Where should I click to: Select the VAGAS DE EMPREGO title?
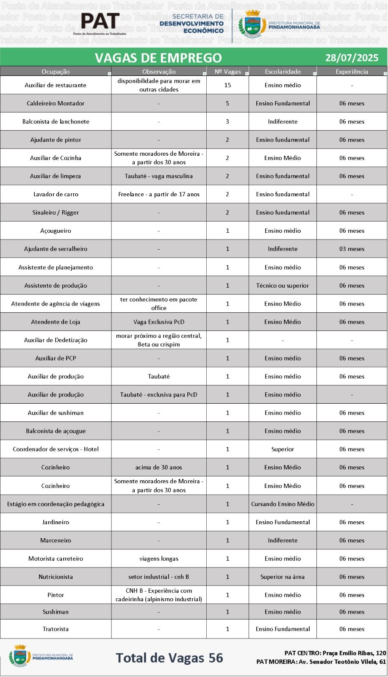[158, 58]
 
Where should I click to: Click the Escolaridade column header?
[283, 72]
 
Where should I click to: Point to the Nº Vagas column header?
[227, 72]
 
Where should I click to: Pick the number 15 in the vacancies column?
[227, 85]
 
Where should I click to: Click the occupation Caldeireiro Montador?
[55, 103]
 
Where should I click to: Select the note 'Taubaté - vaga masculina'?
[158, 176]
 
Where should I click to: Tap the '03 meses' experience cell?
[352, 249]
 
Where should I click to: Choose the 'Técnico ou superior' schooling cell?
[283, 286]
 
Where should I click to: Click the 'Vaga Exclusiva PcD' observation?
[158, 322]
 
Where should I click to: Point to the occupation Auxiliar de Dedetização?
[55, 340]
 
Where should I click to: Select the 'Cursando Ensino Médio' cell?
[283, 504]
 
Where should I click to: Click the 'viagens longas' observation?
[158, 559]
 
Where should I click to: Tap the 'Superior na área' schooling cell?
[283, 577]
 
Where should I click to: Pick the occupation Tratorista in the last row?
[55, 629]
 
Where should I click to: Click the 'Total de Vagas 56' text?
[169, 658]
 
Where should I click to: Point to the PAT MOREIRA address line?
[321, 662]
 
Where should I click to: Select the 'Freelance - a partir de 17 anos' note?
[158, 194]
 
